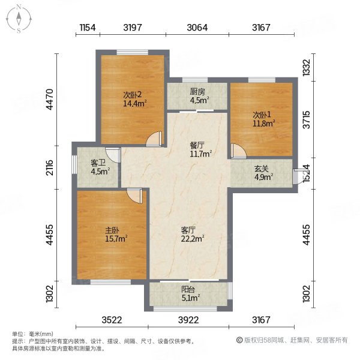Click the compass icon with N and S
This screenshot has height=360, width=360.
[x=19, y=19]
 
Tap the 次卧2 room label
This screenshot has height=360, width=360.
[x=132, y=94]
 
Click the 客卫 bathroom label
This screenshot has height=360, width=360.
[x=98, y=162]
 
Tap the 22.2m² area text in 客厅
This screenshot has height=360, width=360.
[x=192, y=238]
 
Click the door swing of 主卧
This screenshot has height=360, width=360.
[x=134, y=196]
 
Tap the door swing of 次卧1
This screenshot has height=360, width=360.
[x=237, y=150]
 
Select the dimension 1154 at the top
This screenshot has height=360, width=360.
[x=88, y=28]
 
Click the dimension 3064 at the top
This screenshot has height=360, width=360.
[x=197, y=28]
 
